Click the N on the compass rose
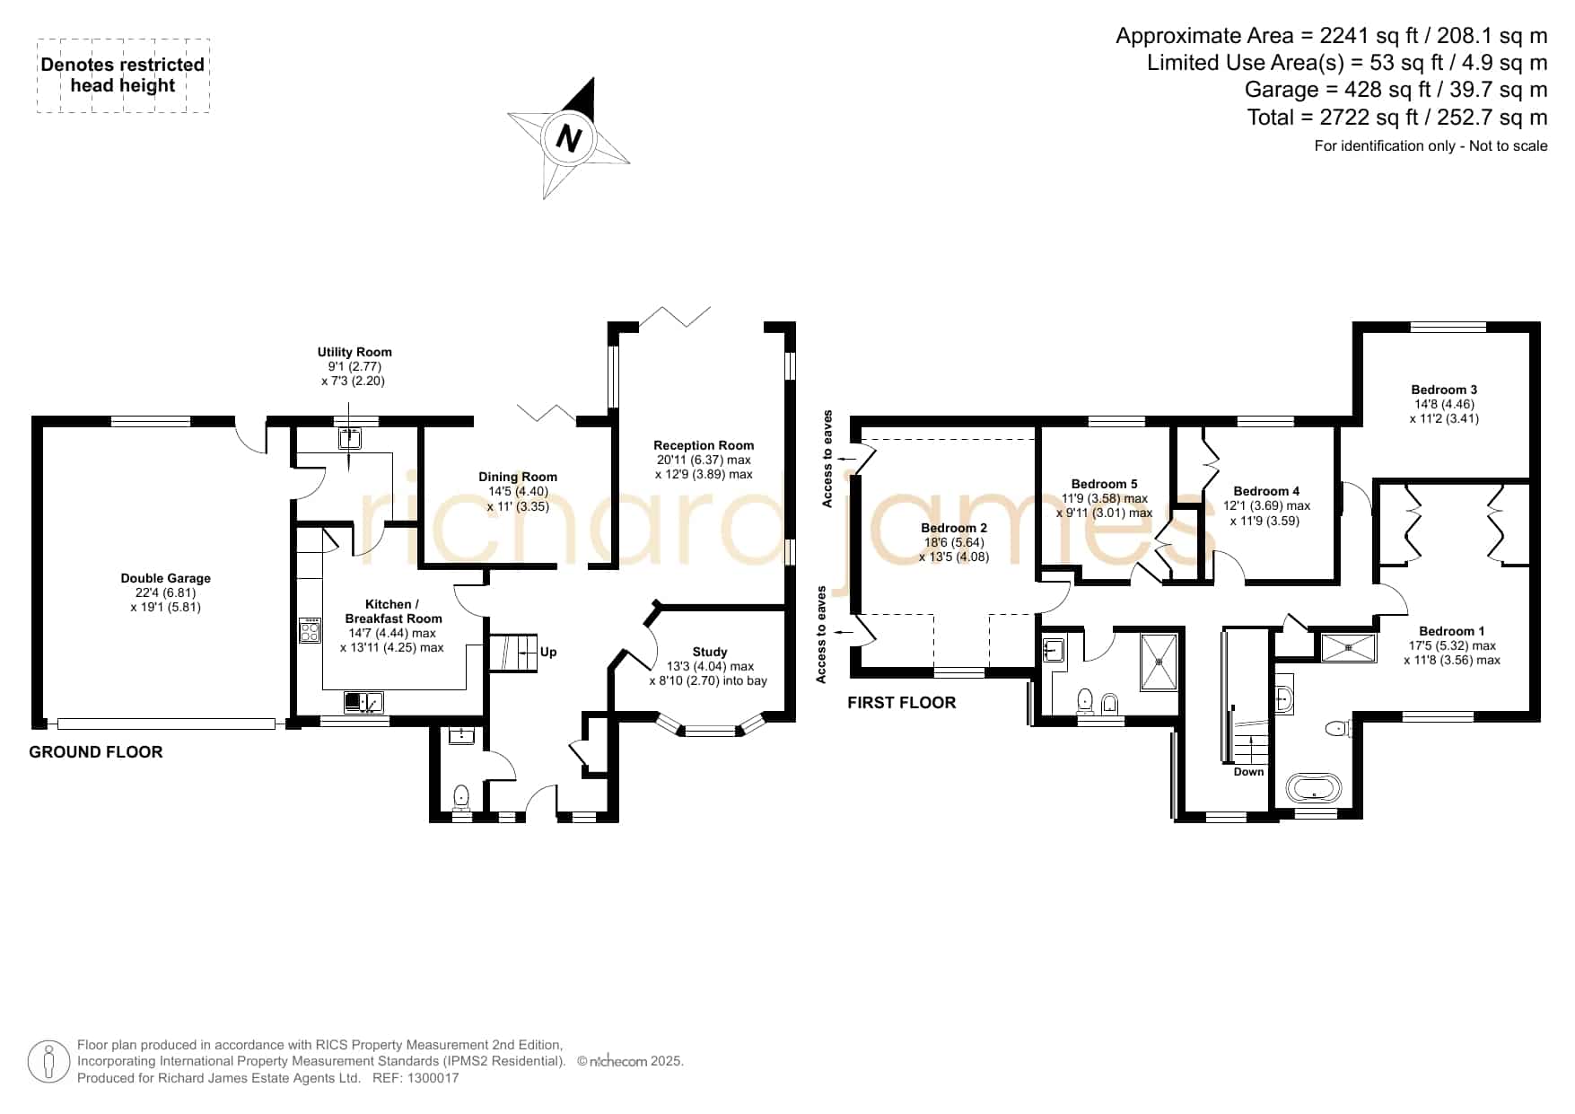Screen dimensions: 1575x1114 [569, 139]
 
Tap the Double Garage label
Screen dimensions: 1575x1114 [166, 578]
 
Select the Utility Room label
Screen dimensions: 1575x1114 [354, 352]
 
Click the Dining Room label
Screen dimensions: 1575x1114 [518, 477]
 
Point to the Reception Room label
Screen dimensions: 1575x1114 [704, 445]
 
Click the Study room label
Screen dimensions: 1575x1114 [710, 652]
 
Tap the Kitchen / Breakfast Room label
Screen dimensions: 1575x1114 [394, 611]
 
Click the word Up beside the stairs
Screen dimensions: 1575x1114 [548, 652]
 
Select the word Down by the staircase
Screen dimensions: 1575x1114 [1248, 772]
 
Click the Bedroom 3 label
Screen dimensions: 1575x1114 [1444, 390]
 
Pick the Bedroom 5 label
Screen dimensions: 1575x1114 [1104, 484]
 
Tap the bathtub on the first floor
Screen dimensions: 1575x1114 [1316, 789]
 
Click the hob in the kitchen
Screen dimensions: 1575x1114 [310, 630]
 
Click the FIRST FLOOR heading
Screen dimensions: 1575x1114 [901, 703]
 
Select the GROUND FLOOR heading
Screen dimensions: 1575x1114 [96, 752]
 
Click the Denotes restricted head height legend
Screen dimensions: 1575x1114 [123, 75]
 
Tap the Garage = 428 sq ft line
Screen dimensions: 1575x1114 [1396, 90]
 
